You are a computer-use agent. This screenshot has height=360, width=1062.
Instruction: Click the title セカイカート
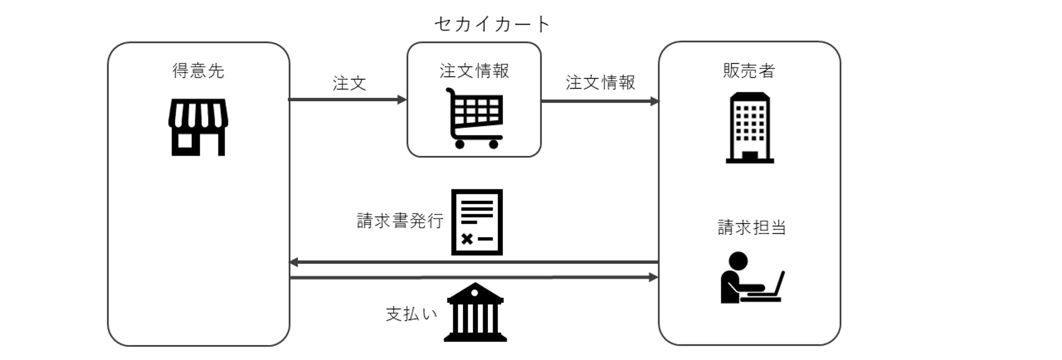click(492, 24)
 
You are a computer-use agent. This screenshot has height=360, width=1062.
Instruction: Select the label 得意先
click(198, 71)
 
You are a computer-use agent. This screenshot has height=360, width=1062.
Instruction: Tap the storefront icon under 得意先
click(198, 127)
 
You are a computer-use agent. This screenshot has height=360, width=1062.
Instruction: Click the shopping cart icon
click(475, 117)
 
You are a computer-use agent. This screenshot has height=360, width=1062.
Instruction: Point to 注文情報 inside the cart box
click(474, 71)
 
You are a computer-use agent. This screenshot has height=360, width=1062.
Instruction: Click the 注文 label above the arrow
click(349, 84)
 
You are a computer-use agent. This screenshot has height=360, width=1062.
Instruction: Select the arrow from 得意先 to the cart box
click(347, 100)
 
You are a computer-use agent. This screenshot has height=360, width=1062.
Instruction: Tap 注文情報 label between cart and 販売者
click(600, 82)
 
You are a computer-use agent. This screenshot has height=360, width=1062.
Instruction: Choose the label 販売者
click(749, 71)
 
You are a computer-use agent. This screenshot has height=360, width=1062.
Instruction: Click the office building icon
click(749, 128)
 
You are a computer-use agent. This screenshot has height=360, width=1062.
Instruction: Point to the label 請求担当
click(751, 227)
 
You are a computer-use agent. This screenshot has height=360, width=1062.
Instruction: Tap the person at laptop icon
click(752, 278)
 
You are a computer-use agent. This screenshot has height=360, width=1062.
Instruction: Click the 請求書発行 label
click(400, 221)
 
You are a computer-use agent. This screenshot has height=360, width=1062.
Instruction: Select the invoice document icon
click(477, 222)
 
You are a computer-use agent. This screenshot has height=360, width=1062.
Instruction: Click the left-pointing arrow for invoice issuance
click(473, 262)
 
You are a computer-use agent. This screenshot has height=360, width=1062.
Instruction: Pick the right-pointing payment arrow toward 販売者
click(473, 277)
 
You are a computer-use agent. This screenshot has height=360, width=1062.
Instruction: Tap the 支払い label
click(412, 314)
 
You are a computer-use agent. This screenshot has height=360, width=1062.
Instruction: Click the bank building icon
click(475, 313)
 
